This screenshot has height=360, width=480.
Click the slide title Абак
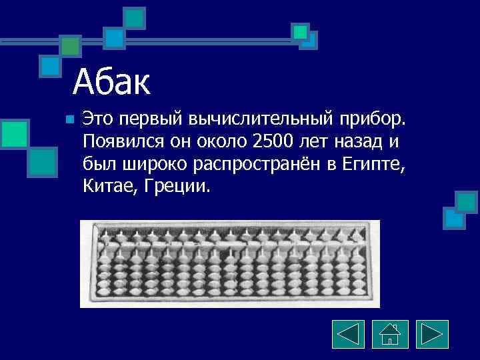click(x=112, y=83)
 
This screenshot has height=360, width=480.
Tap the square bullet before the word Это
click(x=69, y=120)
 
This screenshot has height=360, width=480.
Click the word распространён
click(x=256, y=163)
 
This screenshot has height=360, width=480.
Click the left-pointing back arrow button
click(x=347, y=335)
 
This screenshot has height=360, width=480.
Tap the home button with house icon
click(x=390, y=335)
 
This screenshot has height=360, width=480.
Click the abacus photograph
click(x=230, y=264)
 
